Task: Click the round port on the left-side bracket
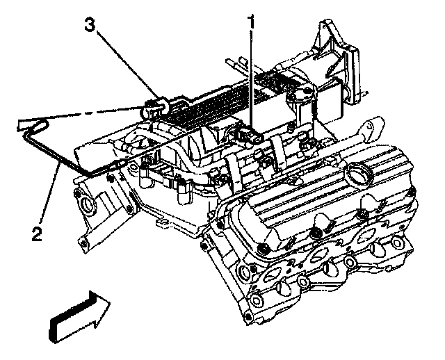[x=88, y=206]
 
